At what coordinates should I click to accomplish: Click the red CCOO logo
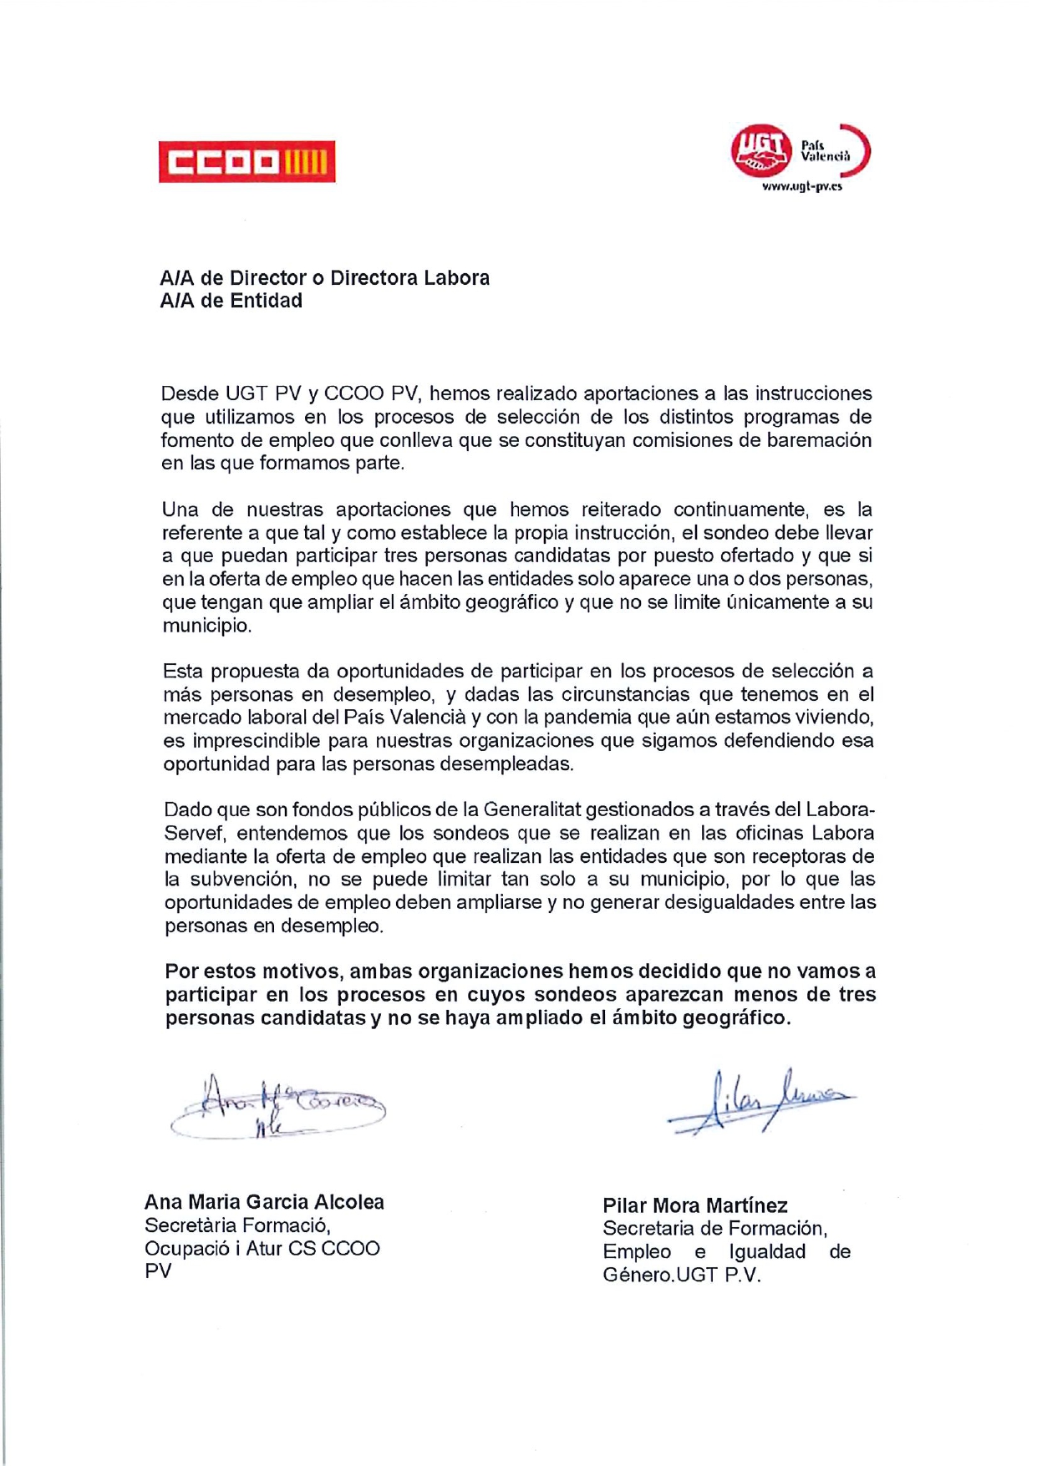click(247, 161)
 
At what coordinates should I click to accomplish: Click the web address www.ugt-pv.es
click(801, 187)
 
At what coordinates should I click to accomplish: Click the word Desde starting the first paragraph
click(190, 393)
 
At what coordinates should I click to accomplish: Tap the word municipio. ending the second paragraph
click(206, 626)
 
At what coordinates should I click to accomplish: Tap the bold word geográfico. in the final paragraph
click(736, 1018)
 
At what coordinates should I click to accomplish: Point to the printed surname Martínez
click(750, 1205)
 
